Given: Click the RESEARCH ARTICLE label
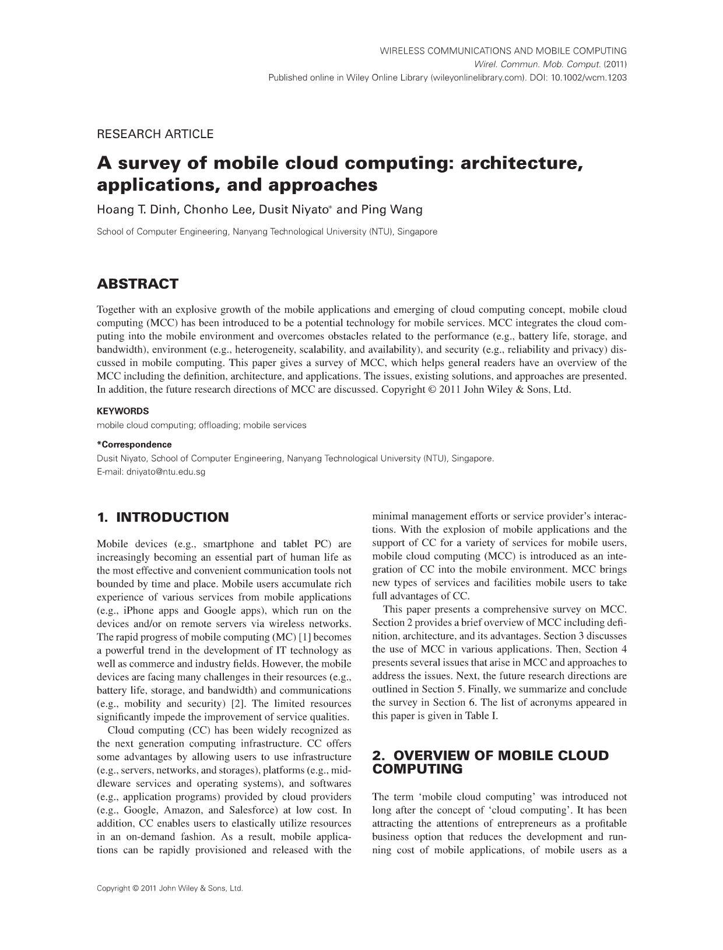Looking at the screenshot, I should pyautogui.click(x=155, y=134).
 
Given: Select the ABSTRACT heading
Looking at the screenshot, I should pyautogui.click(x=138, y=284).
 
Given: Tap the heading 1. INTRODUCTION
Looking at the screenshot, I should pyautogui.click(x=163, y=518).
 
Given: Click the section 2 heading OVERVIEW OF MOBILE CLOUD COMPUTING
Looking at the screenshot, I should pyautogui.click(x=490, y=762).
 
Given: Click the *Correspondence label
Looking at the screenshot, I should pyautogui.click(x=134, y=445).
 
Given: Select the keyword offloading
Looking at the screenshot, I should pyautogui.click(x=219, y=425).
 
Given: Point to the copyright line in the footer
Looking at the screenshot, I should pyautogui.click(x=169, y=889).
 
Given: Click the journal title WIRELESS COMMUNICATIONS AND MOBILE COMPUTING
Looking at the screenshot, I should pyautogui.click(x=503, y=51).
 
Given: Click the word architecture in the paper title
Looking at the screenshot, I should pyautogui.click(x=522, y=164).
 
